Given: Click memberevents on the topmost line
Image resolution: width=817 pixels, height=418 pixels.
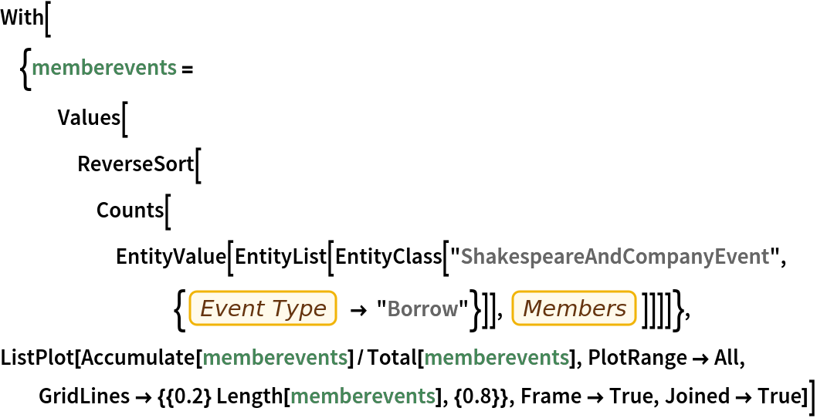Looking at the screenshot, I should point(104,68).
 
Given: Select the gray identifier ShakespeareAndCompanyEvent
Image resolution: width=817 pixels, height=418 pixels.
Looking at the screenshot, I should point(615,257).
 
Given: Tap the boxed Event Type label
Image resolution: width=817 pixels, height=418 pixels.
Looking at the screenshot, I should point(263,308).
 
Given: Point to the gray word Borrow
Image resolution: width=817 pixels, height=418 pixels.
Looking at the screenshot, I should point(422,309).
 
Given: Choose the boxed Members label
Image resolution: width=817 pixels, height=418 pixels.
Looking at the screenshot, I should point(575,308).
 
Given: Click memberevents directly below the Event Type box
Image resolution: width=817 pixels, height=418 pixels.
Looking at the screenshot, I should point(275,358).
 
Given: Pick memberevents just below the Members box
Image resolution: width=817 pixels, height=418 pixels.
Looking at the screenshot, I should point(497,358).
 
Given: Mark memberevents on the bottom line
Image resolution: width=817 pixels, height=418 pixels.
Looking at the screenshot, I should point(363,396).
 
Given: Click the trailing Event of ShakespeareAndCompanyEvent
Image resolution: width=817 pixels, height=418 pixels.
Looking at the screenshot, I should point(742,257).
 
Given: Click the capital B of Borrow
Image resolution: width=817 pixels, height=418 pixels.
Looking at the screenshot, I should point(393,309).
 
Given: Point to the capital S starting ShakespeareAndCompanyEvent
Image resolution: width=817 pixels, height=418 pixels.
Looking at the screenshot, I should point(466,257).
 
